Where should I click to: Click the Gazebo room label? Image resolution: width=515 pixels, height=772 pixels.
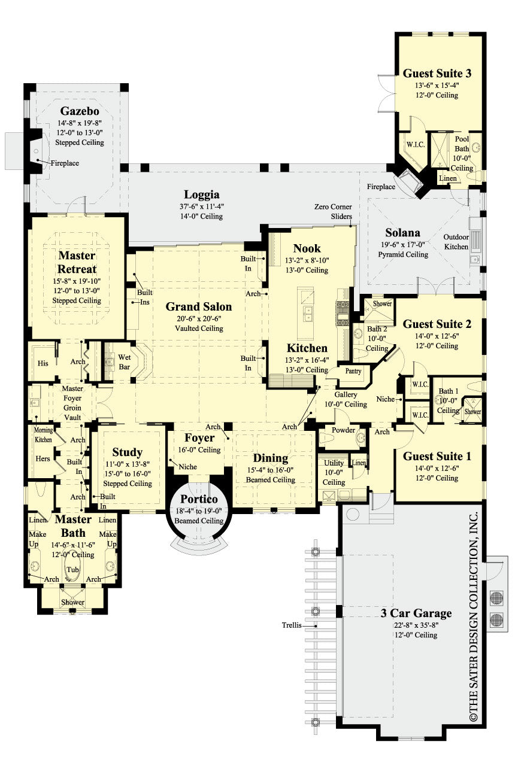click(x=79, y=111)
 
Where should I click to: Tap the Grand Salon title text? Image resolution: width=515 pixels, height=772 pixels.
click(x=198, y=306)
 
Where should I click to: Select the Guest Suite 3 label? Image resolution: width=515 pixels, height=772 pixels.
click(x=437, y=74)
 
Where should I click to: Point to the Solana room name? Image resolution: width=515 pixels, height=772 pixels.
click(x=402, y=232)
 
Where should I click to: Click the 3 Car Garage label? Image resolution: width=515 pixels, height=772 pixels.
click(x=416, y=613)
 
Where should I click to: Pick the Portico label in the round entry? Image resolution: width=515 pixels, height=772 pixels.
click(x=198, y=499)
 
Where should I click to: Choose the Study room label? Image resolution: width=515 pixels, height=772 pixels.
click(x=127, y=452)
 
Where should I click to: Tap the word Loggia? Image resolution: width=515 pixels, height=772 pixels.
click(x=201, y=194)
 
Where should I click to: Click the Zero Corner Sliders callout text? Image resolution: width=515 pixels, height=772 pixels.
click(x=333, y=211)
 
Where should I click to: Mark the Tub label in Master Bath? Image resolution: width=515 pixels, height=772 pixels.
click(x=72, y=569)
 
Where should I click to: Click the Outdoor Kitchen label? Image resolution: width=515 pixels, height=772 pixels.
click(x=456, y=241)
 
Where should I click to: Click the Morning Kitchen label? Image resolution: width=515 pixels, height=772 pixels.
click(x=43, y=435)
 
